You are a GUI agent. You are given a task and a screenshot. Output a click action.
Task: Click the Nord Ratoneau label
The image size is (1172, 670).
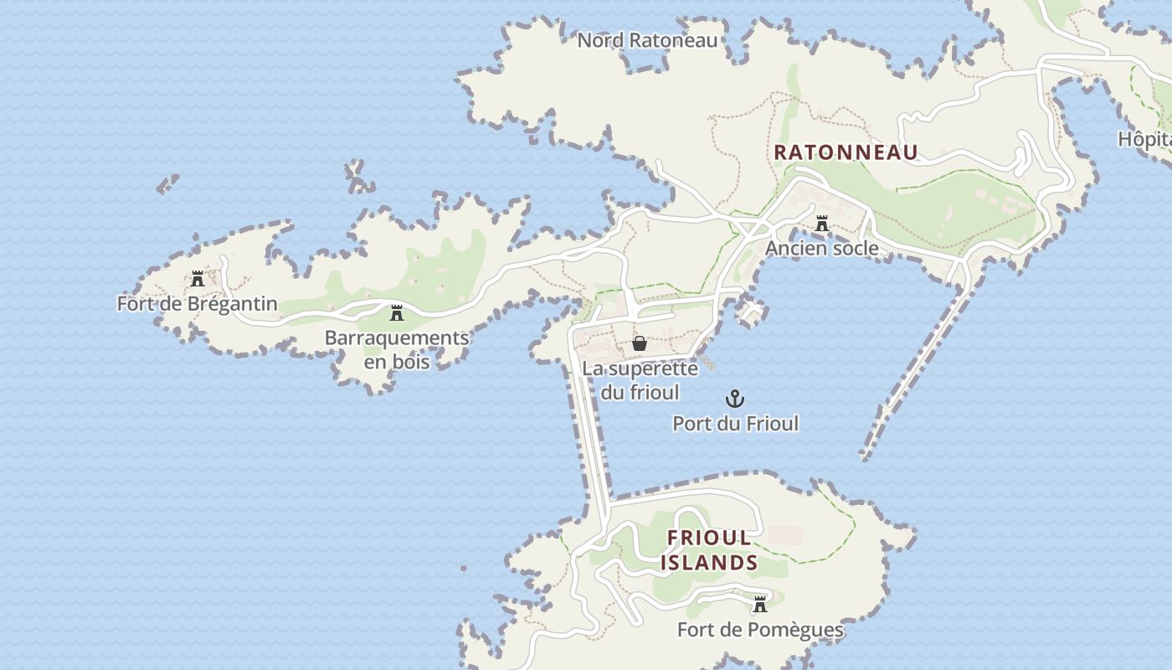(647, 39)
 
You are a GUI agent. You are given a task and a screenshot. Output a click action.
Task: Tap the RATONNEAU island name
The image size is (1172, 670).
(846, 152)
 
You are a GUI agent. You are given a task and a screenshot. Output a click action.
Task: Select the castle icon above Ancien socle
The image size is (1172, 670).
(822, 224)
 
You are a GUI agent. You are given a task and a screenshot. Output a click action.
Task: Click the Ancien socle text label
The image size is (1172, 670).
(821, 248)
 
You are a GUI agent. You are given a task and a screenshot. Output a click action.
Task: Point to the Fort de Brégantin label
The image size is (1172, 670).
(197, 303)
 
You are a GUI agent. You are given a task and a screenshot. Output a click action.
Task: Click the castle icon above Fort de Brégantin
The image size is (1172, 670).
(198, 279)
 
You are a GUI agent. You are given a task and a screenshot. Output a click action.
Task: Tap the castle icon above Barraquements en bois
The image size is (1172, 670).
(397, 314)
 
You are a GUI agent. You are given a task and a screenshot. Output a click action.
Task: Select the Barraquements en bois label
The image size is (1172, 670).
(397, 349)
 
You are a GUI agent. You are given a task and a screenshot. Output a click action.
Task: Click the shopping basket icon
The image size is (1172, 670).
(640, 343)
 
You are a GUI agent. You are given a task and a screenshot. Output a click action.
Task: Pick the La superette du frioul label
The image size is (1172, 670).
(640, 379)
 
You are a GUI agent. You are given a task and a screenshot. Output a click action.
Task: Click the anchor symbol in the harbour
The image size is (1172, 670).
(735, 399)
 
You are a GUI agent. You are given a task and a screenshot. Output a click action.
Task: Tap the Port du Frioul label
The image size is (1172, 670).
(735, 424)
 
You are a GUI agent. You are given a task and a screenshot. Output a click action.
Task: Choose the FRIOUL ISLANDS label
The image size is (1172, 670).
(709, 550)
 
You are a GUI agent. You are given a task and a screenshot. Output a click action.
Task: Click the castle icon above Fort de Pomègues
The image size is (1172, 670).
(760, 605)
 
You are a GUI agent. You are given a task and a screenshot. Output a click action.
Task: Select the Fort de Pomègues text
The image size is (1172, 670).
(760, 630)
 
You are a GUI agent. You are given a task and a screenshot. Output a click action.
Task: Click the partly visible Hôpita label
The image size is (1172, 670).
(1144, 139)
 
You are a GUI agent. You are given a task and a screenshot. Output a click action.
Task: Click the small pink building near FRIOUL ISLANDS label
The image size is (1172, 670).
(785, 535)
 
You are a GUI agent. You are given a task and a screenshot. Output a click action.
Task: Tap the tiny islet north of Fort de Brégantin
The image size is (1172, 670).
(168, 183)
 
